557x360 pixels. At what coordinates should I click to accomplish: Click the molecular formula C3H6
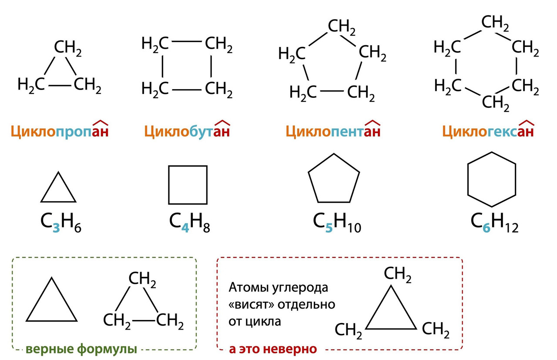[x=61, y=223]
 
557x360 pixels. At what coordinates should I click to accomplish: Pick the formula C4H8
[x=189, y=223]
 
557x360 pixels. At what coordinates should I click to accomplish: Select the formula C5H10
[x=337, y=223]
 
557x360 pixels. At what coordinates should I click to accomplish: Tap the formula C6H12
[x=494, y=223]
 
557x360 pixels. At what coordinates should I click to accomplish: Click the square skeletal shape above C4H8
[x=188, y=185]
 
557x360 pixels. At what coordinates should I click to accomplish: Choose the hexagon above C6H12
[x=491, y=179]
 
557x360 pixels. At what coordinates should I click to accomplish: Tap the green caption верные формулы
[x=81, y=349]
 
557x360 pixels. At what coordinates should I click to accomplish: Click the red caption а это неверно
[x=273, y=349]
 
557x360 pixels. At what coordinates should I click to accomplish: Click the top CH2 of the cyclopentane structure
[x=342, y=27]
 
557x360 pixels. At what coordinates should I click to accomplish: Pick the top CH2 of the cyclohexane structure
[x=495, y=23]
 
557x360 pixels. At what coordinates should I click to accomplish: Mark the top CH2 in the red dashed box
[x=397, y=275]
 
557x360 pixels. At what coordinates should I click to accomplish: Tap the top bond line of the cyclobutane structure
[x=187, y=42]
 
